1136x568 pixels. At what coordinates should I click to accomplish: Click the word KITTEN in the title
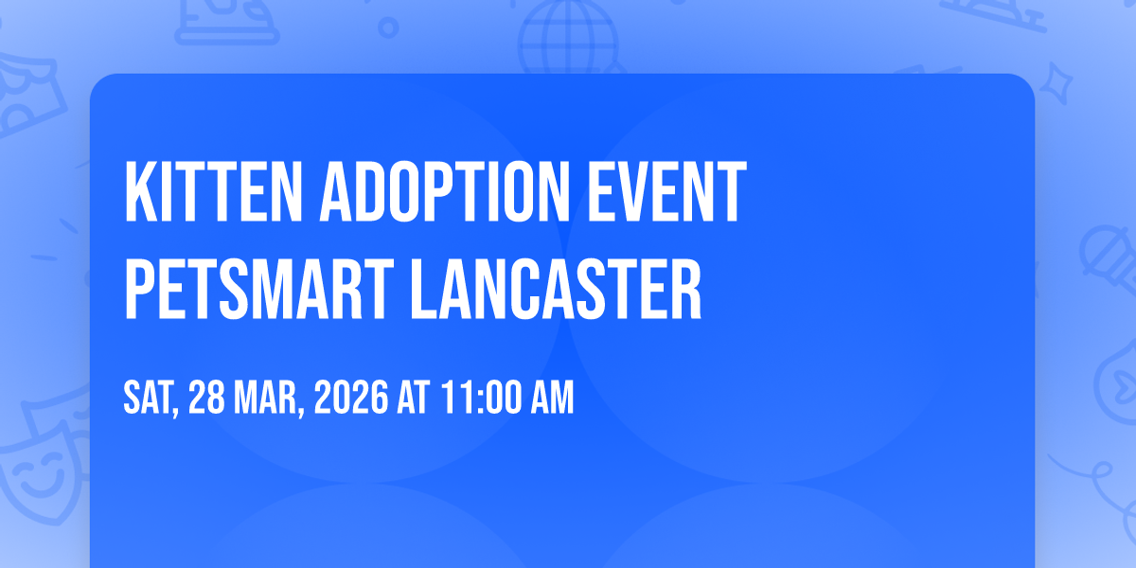pos(213,191)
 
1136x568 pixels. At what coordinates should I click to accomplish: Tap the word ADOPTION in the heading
pos(445,191)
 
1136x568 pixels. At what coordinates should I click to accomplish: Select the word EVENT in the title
pos(666,191)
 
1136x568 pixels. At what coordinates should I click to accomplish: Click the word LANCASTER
pos(556,289)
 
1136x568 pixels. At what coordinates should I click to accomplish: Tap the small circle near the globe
pos(388,27)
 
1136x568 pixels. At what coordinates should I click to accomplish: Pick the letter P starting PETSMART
pos(139,289)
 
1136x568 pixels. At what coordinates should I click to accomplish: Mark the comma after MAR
pos(301,410)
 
